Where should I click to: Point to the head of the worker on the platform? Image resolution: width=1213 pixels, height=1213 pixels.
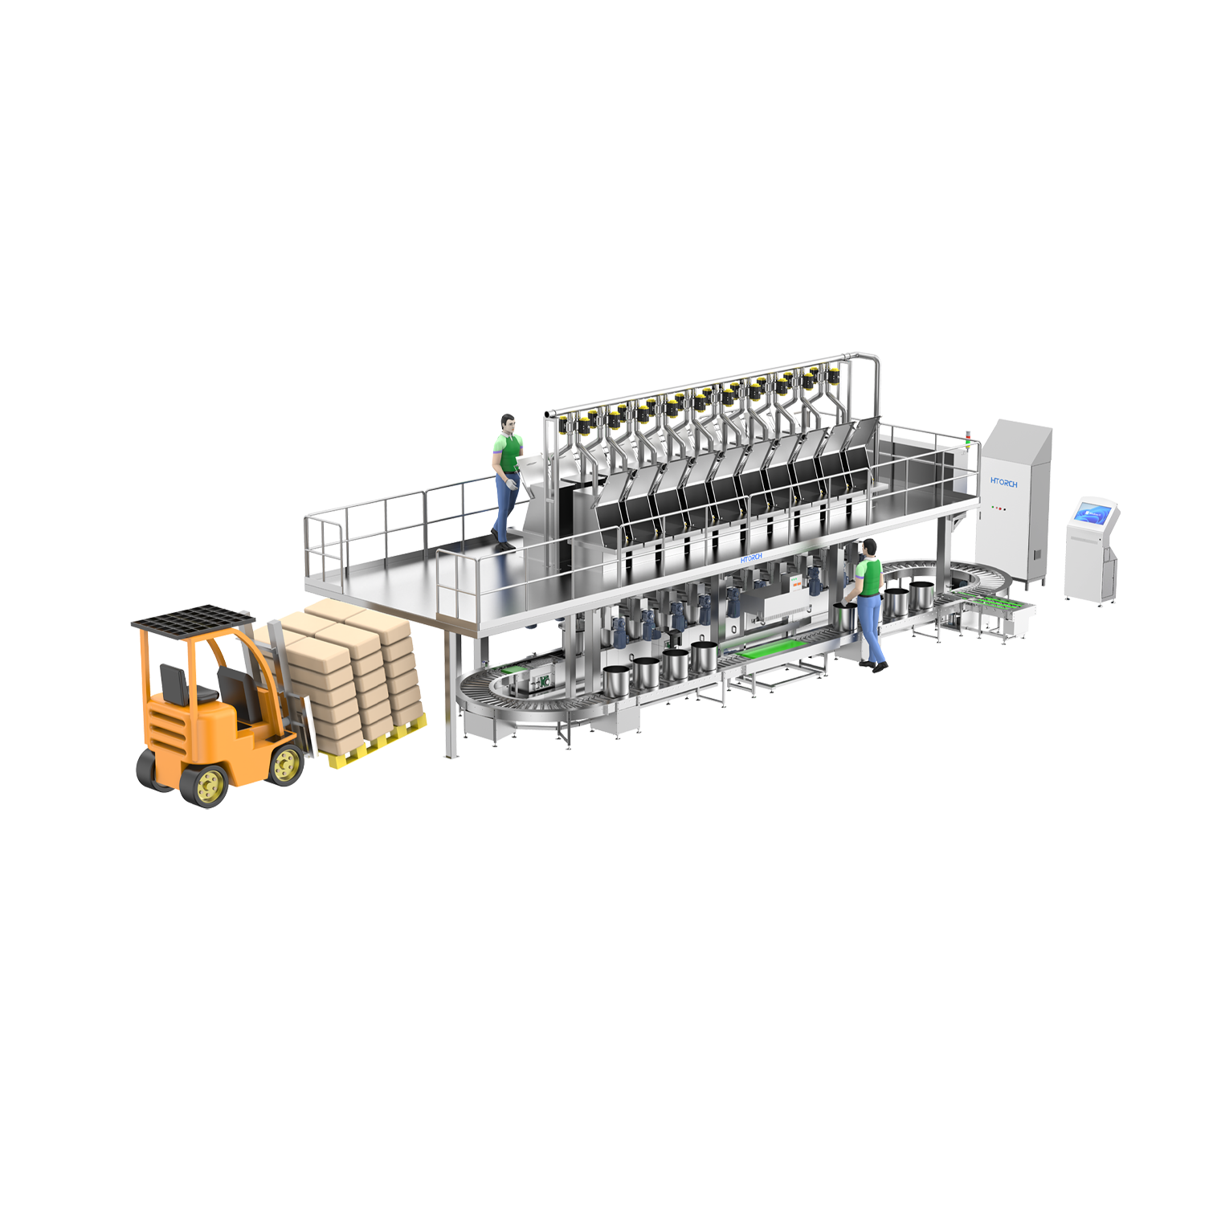[507, 423]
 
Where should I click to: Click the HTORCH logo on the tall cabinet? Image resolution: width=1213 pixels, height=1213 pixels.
[1003, 484]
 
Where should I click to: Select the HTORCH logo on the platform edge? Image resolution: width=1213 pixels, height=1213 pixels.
[750, 557]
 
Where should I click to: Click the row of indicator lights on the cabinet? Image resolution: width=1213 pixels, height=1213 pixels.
[999, 508]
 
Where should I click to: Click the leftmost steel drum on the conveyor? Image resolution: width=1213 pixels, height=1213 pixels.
[616, 681]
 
